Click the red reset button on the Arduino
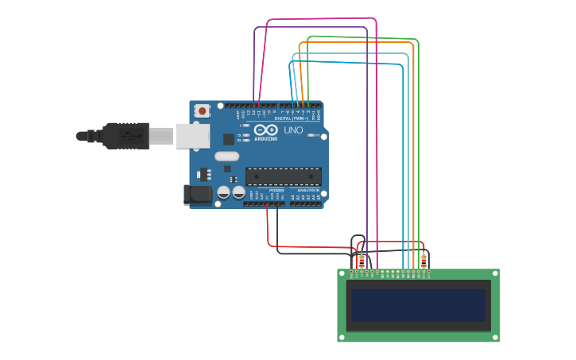coord(202,110)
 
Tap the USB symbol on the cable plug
coord(128,136)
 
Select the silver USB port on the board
coord(192,135)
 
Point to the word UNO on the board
coord(293,130)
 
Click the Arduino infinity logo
coord(266,130)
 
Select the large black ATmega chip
coord(284,176)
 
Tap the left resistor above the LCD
coord(361,261)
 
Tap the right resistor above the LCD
coord(423,261)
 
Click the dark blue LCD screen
coord(418,305)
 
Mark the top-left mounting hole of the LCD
coord(342,274)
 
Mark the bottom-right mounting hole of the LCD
coord(495,337)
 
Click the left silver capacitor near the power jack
coord(224,192)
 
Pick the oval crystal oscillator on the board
coord(226,156)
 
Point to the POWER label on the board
coord(276,191)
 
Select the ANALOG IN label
coord(307,191)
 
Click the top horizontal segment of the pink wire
coord(322,18)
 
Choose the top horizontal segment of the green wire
coord(361,37)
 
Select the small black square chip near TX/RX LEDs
coord(229,139)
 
